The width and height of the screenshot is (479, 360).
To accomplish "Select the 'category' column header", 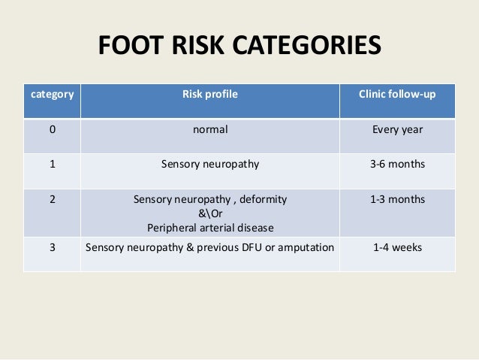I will pyautogui.click(x=52, y=95).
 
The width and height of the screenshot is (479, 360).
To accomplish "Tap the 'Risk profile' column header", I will pyautogui.click(x=210, y=95).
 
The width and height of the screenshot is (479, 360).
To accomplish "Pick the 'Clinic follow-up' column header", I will pyautogui.click(x=398, y=95).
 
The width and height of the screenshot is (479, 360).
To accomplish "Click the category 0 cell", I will pyautogui.click(x=52, y=129).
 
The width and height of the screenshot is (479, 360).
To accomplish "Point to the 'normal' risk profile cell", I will pyautogui.click(x=210, y=129).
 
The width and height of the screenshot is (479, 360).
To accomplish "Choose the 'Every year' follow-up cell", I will pyautogui.click(x=398, y=129).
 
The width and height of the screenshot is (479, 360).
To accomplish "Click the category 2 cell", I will pyautogui.click(x=52, y=200).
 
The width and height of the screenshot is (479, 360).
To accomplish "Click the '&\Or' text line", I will pyautogui.click(x=210, y=214).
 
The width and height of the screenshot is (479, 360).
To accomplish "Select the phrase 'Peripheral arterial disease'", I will pyautogui.click(x=210, y=228).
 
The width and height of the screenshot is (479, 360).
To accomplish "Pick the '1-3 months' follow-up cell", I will pyautogui.click(x=398, y=200).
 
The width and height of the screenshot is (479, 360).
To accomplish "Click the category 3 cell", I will pyautogui.click(x=52, y=247).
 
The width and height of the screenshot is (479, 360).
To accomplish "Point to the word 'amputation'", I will pyautogui.click(x=306, y=247).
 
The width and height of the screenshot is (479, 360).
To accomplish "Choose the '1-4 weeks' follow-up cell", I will pyautogui.click(x=398, y=247).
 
